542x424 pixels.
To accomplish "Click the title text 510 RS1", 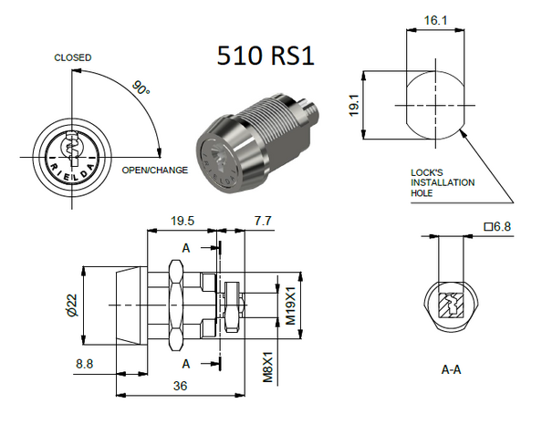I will [x=266, y=56].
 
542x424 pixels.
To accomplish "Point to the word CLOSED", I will [x=73, y=57].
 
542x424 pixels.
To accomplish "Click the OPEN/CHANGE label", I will [x=154, y=170].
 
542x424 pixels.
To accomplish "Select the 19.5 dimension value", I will [x=183, y=222].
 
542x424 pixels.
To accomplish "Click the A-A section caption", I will [x=452, y=370].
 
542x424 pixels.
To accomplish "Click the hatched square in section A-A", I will [x=449, y=305].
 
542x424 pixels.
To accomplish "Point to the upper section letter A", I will [x=186, y=248].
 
